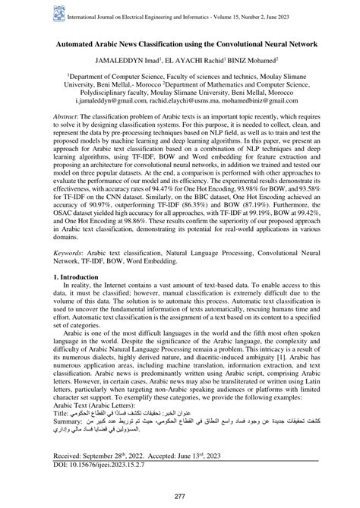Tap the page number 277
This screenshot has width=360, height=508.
point(180,496)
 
